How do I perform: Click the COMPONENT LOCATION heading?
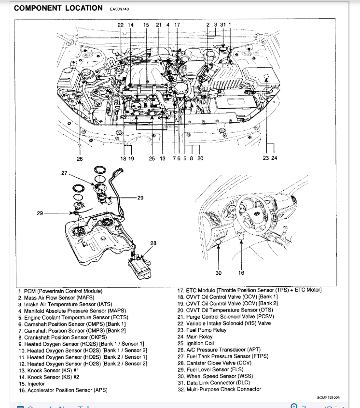pos(58,8)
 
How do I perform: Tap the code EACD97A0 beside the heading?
pos(119,9)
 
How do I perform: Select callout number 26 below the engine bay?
pos(80,158)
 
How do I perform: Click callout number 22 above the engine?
pos(121,25)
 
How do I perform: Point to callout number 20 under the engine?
pos(200,158)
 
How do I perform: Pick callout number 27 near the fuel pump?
pos(64,172)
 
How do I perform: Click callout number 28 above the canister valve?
pos(153,243)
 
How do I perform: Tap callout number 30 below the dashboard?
pos(219,273)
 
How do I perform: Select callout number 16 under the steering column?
pos(241,273)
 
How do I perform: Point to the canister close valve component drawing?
pos(138,266)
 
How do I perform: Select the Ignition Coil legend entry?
pos(195,343)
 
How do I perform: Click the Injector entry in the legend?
pos(33,383)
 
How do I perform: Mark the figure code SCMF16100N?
pos(329,398)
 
